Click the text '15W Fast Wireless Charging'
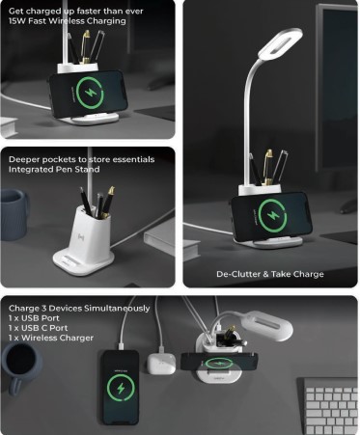[x=68, y=21]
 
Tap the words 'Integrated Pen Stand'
[x=54, y=170]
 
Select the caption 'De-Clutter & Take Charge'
[x=270, y=274]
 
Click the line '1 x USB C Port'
[x=39, y=328]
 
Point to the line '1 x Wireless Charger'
[x=51, y=338]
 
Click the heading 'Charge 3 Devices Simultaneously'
[x=79, y=309]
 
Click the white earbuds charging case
[x=161, y=364]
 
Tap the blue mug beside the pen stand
[x=14, y=214]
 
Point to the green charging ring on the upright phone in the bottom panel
[x=121, y=389]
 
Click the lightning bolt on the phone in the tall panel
[x=272, y=215]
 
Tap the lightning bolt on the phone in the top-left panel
[x=90, y=93]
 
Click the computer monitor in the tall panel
[x=337, y=90]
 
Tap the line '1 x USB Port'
[x=34, y=318]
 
